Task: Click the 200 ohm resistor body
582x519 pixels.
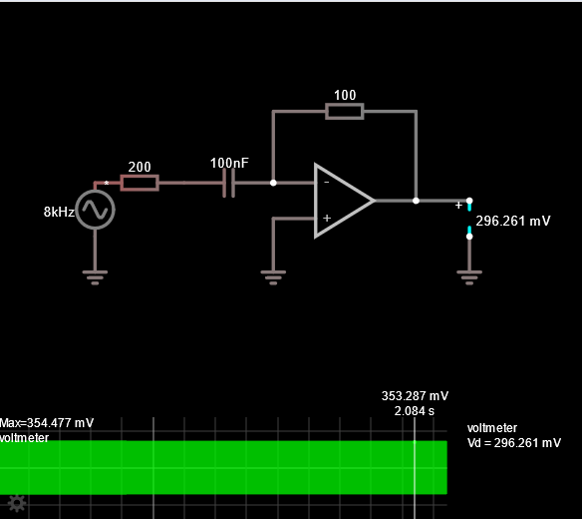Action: click(x=140, y=183)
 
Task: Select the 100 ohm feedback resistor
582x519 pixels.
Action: click(x=345, y=111)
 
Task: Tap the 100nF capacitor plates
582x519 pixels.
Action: click(x=228, y=183)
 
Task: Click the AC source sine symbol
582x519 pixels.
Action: click(x=95, y=210)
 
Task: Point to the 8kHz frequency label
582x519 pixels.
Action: click(x=59, y=212)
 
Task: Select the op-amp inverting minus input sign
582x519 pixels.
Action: click(x=327, y=182)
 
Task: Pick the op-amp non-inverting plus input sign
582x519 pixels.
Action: click(x=327, y=218)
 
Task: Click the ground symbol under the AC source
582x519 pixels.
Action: click(x=95, y=277)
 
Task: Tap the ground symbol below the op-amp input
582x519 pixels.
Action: click(x=273, y=277)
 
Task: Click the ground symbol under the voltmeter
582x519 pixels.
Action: click(x=469, y=277)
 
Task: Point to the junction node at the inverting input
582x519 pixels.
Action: click(x=273, y=183)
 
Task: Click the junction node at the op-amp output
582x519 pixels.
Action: click(x=416, y=201)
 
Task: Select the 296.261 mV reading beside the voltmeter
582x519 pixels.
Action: click(x=513, y=221)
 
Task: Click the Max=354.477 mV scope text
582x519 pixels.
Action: click(x=47, y=423)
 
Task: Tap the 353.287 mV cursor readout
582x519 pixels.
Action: click(x=415, y=396)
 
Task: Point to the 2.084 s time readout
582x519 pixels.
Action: click(x=415, y=411)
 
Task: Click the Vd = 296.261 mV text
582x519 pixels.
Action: click(x=514, y=443)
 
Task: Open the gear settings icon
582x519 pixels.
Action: click(x=17, y=504)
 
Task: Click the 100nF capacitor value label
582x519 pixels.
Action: click(x=229, y=163)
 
